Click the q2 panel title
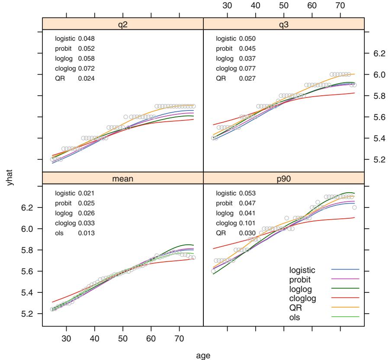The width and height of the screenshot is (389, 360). [123, 24]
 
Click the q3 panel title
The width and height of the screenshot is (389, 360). [284, 24]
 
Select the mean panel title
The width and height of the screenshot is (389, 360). [123, 178]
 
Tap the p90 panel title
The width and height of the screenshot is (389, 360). [284, 178]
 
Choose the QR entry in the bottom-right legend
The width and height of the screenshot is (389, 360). [295, 307]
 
